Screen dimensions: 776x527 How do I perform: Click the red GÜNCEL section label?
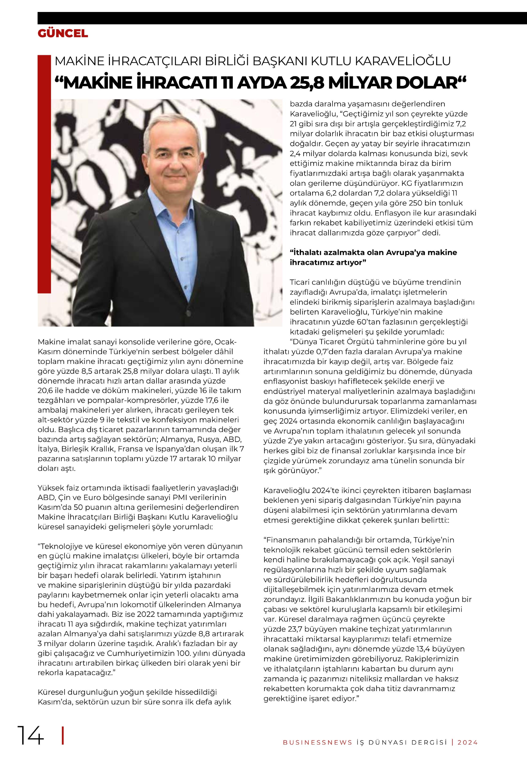click(x=63, y=33)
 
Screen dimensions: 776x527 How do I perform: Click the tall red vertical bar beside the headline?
click(x=44, y=174)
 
